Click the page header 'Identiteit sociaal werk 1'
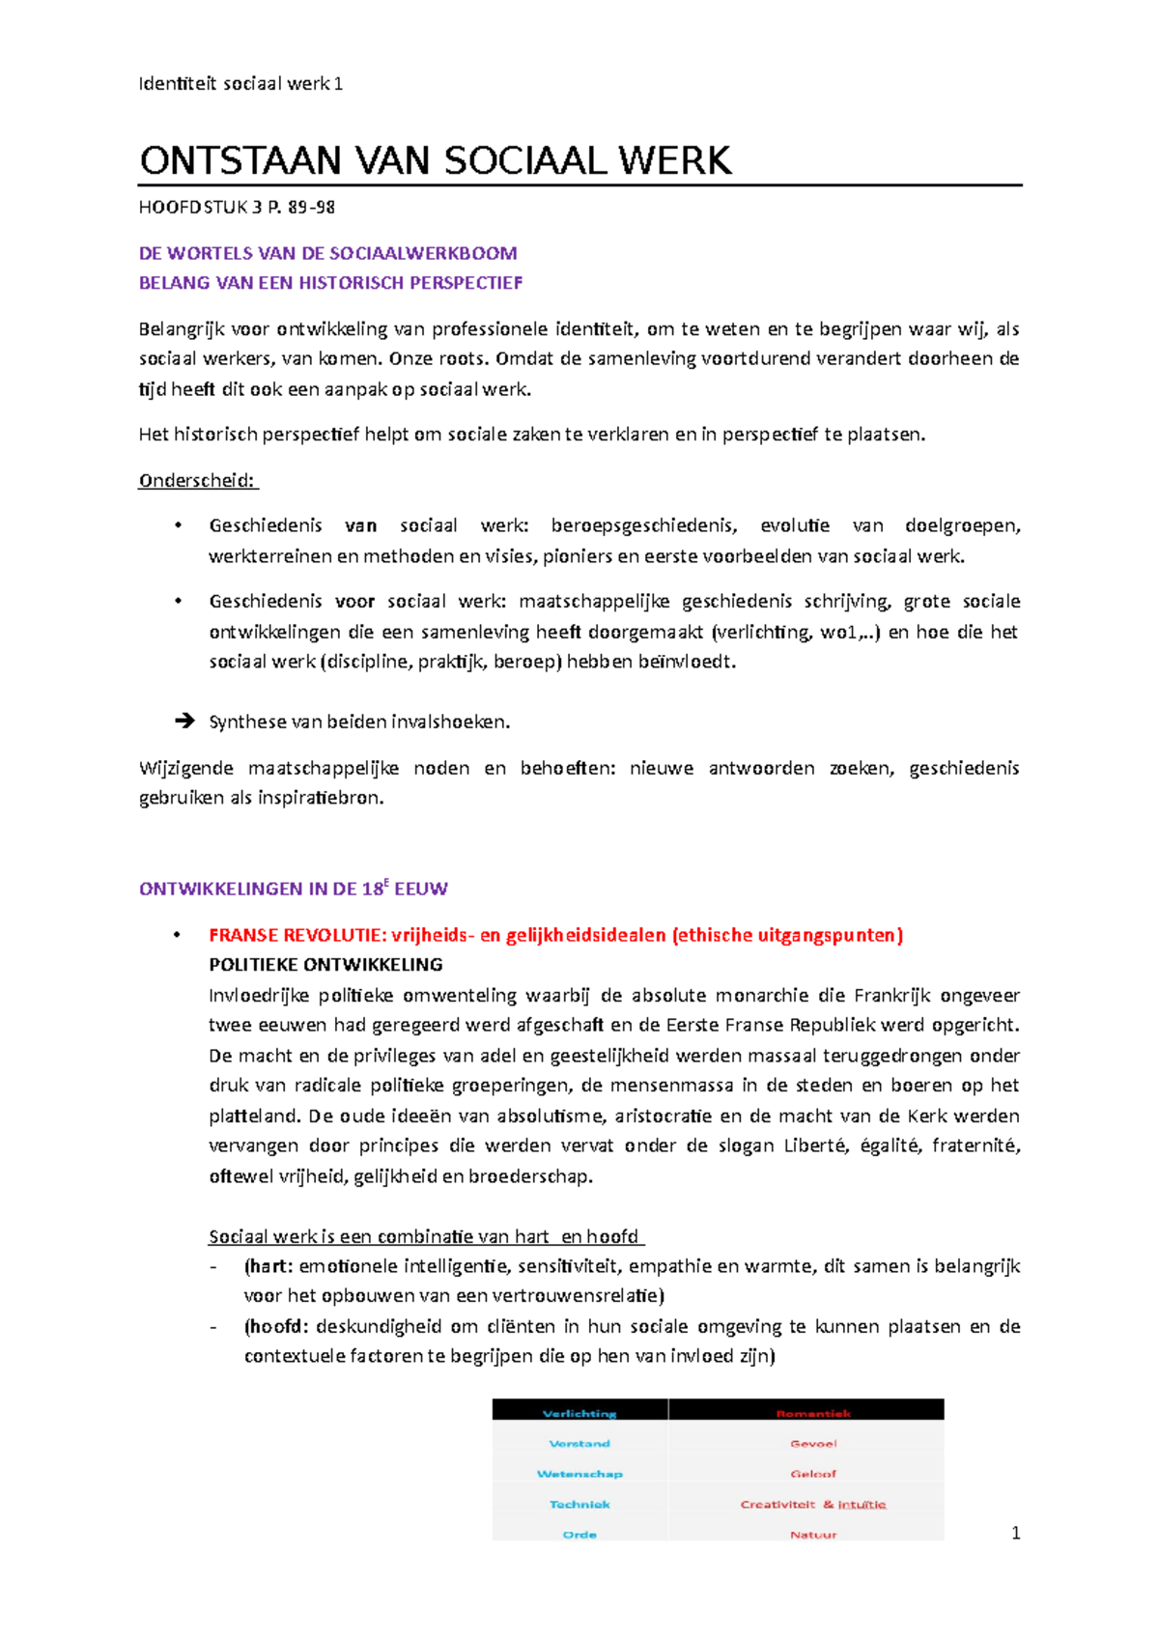[x=240, y=84]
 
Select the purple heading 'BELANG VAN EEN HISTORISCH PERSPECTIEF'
[x=330, y=283]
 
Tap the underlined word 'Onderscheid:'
[x=198, y=481]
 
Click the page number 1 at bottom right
[x=1014, y=1533]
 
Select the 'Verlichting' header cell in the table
[x=579, y=1413]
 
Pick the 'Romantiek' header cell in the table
[x=813, y=1413]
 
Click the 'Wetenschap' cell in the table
[x=579, y=1474]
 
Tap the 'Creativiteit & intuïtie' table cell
[x=813, y=1504]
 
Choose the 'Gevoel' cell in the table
[x=813, y=1444]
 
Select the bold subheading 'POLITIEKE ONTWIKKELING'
[x=325, y=965]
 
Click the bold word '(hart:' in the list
[x=269, y=1266]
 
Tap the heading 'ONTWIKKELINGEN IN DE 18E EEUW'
[x=293, y=889]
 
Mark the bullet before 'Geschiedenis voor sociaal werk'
[x=178, y=601]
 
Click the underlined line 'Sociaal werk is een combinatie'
[x=424, y=1236]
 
